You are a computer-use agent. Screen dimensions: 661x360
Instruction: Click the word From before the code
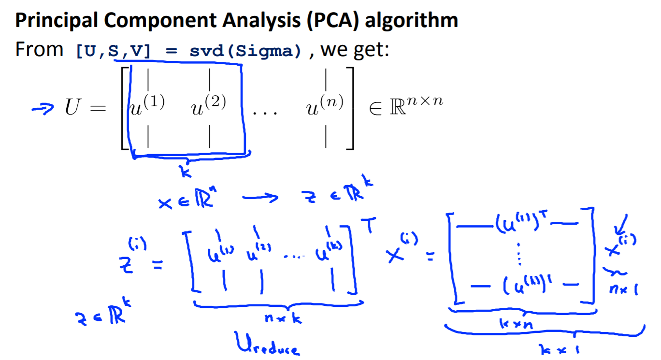click(39, 49)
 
